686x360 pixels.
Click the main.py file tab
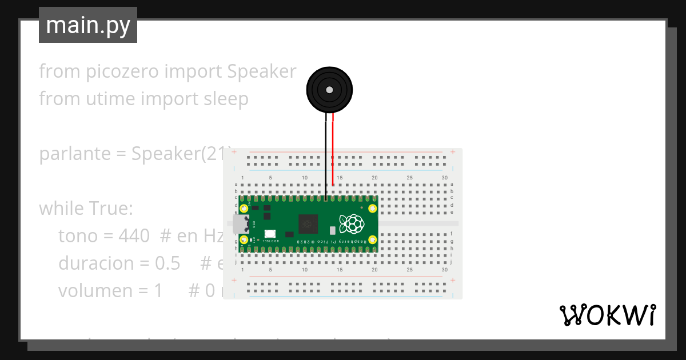click(87, 25)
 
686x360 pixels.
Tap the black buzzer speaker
click(329, 90)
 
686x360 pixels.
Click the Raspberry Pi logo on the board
click(351, 223)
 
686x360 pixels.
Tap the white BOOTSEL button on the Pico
click(269, 234)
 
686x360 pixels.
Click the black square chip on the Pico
click(308, 223)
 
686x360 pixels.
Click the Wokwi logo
click(607, 315)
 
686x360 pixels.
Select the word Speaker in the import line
click(262, 71)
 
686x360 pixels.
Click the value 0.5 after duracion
click(167, 263)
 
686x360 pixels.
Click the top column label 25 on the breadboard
click(409, 178)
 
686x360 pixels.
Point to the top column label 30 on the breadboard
click(444, 178)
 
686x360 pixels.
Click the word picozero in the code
click(122, 71)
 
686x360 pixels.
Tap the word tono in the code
click(78, 236)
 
